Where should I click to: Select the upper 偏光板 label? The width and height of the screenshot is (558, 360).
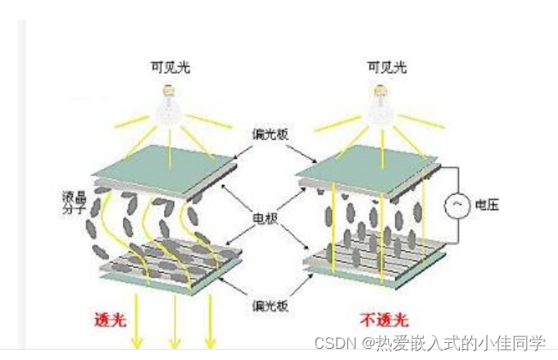(270, 134)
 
